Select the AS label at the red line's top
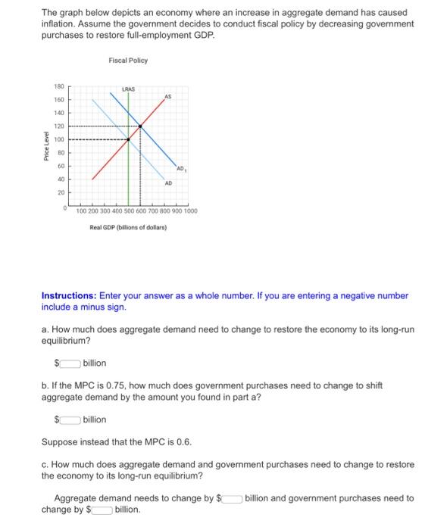[x=167, y=96]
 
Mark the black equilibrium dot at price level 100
[x=128, y=139]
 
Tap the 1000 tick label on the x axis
[x=189, y=212]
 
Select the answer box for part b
[x=68, y=419]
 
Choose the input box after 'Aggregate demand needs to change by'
[x=230, y=498]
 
